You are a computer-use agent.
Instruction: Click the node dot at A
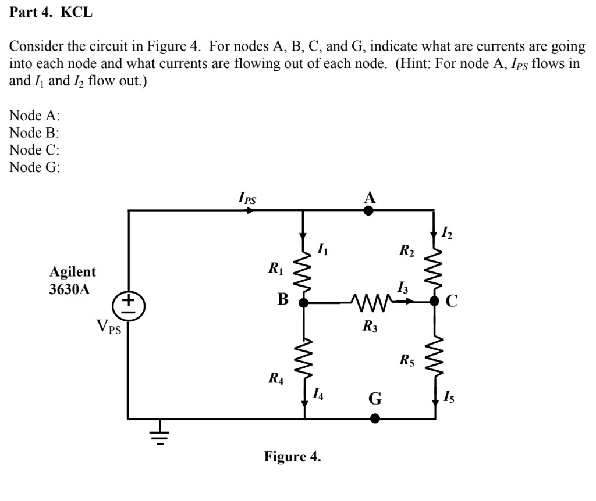coord(368,210)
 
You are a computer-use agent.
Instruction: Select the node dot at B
coord(303,302)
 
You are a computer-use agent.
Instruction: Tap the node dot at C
coord(434,301)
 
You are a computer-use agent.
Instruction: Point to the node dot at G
coord(375,418)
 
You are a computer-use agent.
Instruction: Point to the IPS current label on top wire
coord(247,198)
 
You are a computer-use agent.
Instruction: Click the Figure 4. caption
coord(292,456)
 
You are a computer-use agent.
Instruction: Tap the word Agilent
coord(73,272)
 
